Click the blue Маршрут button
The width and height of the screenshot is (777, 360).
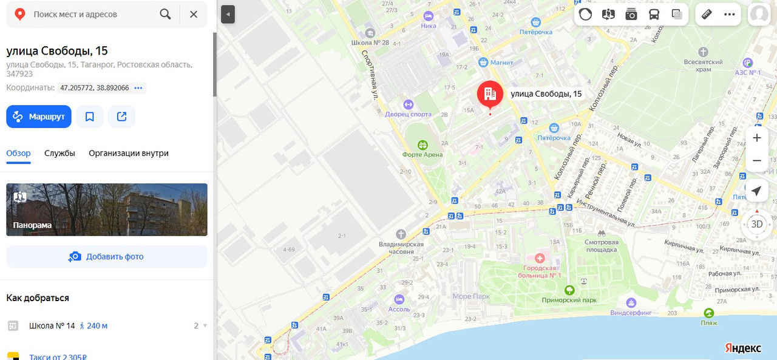[x=39, y=117]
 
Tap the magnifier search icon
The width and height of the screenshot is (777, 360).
[x=165, y=14]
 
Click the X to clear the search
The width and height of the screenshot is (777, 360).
[x=194, y=14]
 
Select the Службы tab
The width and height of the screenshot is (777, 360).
[x=59, y=153]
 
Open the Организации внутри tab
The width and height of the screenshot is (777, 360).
[x=129, y=153]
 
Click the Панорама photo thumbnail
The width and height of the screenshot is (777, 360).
[x=107, y=209]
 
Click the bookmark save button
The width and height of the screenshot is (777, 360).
[x=90, y=117]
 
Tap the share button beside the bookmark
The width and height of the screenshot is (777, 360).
[x=121, y=117]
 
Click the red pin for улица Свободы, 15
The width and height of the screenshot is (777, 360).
[x=490, y=94]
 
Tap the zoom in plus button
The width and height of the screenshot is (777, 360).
[x=757, y=138]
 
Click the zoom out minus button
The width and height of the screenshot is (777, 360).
[x=757, y=161]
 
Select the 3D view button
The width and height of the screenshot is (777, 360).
[x=757, y=224]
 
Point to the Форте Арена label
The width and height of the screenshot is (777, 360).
[x=422, y=154]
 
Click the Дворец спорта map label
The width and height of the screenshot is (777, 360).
[x=408, y=114]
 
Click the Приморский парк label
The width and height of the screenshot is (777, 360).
[x=569, y=299]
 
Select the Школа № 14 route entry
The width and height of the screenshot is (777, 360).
[x=52, y=326]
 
